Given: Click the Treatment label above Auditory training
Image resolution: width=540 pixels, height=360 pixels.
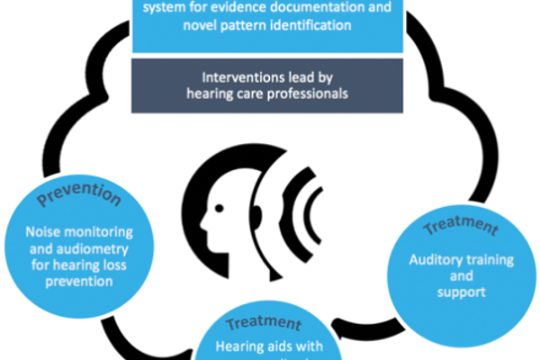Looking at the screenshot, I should click(459, 224).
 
